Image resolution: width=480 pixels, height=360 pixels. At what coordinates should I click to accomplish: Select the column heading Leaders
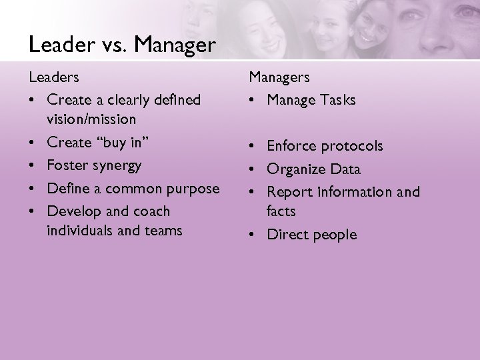point(54,77)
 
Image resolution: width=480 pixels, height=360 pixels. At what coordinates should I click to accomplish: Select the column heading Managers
point(279,77)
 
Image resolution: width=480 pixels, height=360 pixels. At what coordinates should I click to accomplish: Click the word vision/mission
point(91,119)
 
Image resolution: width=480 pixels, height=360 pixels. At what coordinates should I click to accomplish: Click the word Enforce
point(292,145)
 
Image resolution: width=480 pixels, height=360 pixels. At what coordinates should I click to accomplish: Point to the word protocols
point(353,146)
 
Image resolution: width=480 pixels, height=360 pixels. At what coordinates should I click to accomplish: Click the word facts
point(281,211)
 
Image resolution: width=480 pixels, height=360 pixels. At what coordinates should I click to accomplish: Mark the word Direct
point(287,235)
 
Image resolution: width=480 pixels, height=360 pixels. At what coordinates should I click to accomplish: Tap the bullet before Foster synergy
point(34,165)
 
